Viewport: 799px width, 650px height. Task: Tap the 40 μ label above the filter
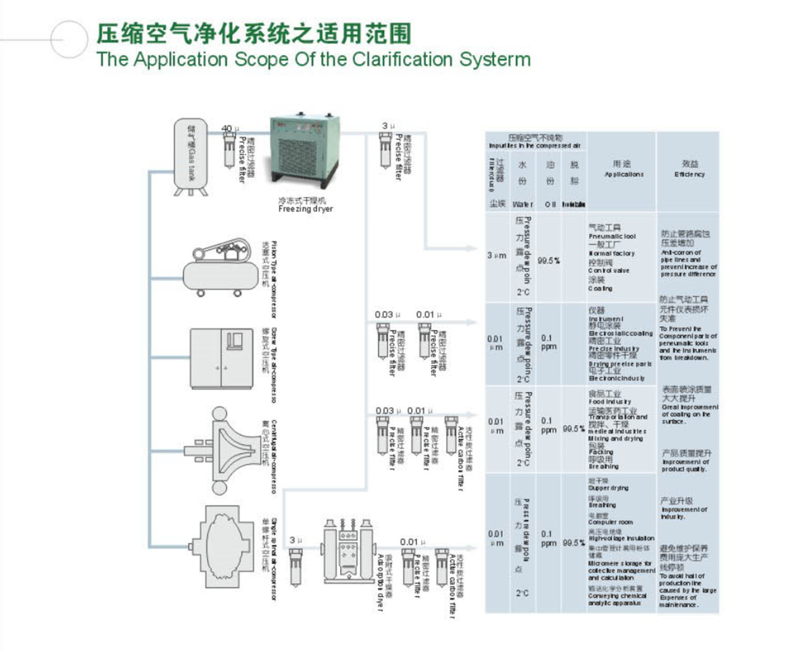tap(230, 128)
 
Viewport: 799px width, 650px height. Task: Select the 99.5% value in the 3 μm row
tap(548, 261)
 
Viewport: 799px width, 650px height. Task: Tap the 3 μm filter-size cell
tap(497, 256)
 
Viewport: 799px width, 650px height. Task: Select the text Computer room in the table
tap(610, 522)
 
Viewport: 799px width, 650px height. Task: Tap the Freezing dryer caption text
tap(305, 209)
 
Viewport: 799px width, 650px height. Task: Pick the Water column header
tap(522, 204)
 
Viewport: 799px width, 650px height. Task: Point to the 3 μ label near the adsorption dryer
tap(295, 540)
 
